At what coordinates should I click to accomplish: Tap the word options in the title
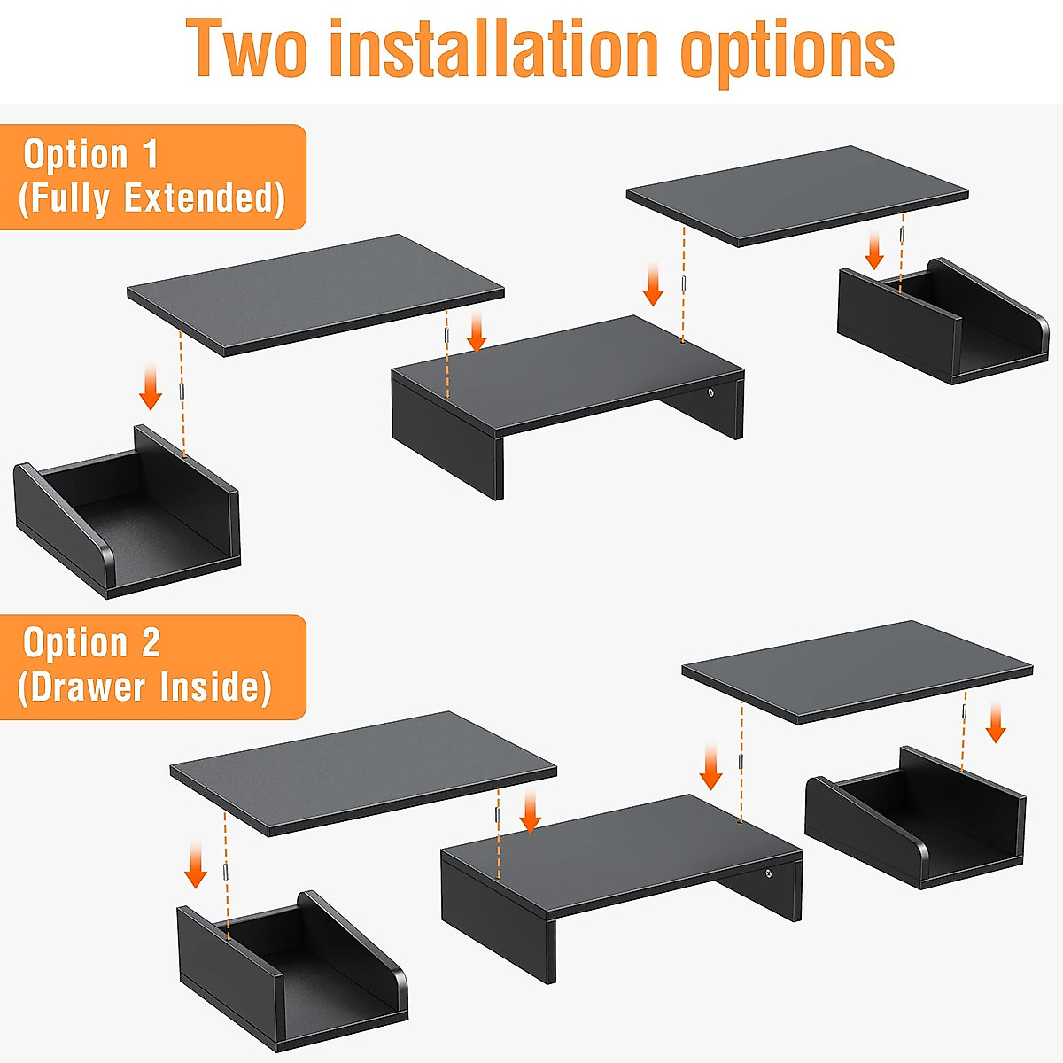pyautogui.click(x=787, y=51)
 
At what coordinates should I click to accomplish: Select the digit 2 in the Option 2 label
pyautogui.click(x=151, y=643)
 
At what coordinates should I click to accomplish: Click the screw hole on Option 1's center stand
pyautogui.click(x=710, y=392)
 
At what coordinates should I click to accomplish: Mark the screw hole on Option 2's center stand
pyautogui.click(x=768, y=874)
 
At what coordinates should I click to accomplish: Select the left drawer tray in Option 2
pyautogui.click(x=292, y=974)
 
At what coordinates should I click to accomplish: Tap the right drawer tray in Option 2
pyautogui.click(x=917, y=819)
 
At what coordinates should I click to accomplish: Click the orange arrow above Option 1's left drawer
pyautogui.click(x=151, y=387)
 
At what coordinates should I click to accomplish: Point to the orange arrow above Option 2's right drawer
pyautogui.click(x=996, y=722)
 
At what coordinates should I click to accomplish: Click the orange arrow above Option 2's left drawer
pyautogui.click(x=196, y=865)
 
